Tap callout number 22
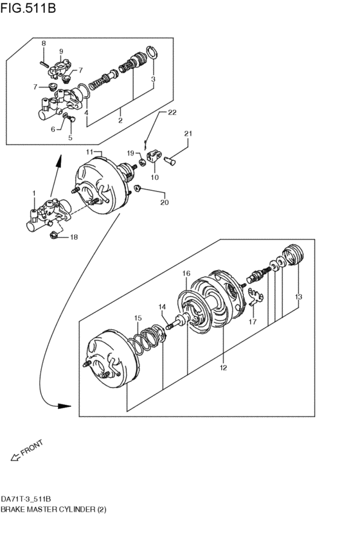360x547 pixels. click(x=172, y=112)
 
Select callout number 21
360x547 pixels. click(x=188, y=133)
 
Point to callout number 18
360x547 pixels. click(x=74, y=237)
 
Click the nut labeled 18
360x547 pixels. click(x=54, y=235)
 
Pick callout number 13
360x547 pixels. click(x=298, y=297)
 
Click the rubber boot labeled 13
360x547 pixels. click(x=294, y=255)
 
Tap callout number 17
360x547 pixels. click(x=252, y=321)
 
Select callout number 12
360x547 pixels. click(x=223, y=367)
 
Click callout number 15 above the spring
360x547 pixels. click(x=138, y=318)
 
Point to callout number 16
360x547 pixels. click(x=186, y=273)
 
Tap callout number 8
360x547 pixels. click(x=44, y=43)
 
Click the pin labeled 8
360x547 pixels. click(x=44, y=64)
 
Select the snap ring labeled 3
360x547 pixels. click(x=152, y=55)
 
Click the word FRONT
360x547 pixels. click(x=32, y=447)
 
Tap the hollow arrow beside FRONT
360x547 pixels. click(x=15, y=456)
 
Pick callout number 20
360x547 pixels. click(x=165, y=202)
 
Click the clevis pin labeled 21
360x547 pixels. click(x=170, y=161)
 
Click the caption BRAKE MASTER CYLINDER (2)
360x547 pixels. click(x=53, y=509)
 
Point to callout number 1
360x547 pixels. click(x=34, y=193)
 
